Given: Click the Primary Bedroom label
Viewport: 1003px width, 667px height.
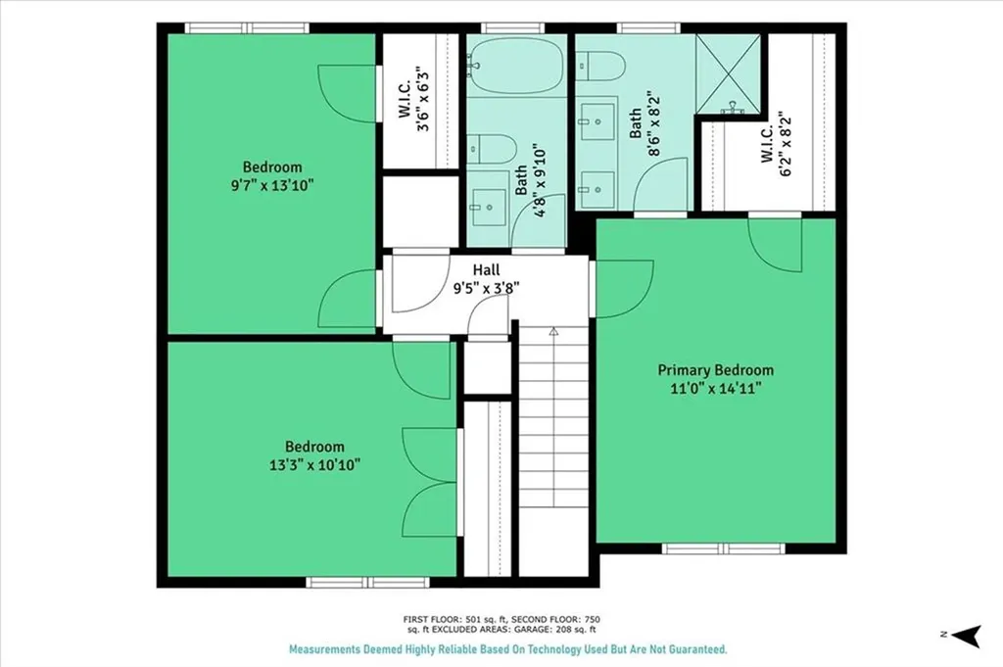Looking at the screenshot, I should point(715,370).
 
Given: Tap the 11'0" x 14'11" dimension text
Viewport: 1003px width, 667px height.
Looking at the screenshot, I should point(715,388).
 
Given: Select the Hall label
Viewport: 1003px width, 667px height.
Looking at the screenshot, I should point(486,269).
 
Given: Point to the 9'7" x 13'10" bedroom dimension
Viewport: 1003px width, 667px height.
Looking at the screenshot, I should point(272,184).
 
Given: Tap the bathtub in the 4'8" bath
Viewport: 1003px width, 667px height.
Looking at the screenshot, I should point(516,66).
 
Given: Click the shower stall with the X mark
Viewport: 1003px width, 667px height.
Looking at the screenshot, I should point(728,73).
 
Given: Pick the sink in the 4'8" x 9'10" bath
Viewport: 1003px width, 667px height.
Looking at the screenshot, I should point(487,207).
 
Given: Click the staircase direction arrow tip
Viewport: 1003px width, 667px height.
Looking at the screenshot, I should point(552,332).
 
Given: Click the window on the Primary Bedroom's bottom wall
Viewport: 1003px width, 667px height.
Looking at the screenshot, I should point(723,548).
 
